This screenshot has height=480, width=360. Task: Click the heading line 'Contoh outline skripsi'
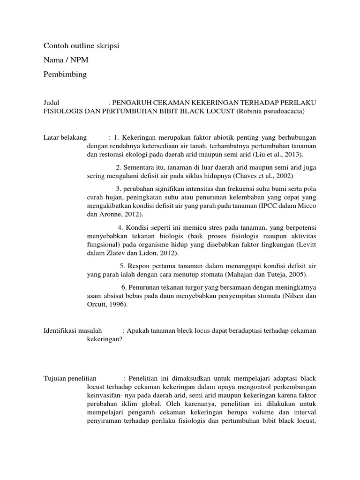pyautogui.click(x=82, y=46)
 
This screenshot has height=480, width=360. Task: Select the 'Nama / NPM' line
pyautogui.click(x=65, y=60)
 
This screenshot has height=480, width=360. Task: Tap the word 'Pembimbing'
pyautogui.click(x=65, y=75)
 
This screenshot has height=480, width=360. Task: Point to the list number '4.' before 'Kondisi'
pyautogui.click(x=120, y=227)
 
